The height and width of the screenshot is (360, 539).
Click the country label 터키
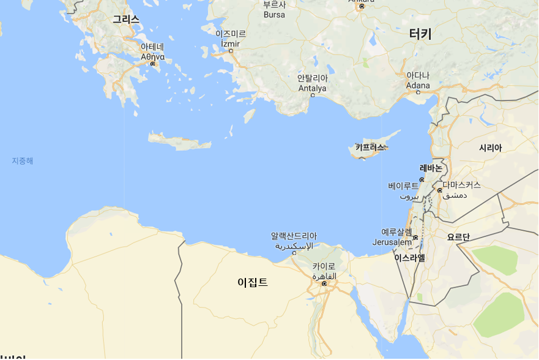420,34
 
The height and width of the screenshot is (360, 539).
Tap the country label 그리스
125,20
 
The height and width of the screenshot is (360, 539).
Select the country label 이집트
253,282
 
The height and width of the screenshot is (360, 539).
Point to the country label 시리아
490,148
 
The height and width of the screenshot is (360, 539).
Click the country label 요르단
458,237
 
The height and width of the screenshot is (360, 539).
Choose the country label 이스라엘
409,258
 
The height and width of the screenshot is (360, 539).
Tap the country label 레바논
431,168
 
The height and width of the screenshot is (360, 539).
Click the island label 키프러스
370,147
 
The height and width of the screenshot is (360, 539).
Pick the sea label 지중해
23,161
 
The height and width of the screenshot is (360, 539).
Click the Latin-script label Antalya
312,88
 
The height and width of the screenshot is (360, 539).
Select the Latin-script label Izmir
230,43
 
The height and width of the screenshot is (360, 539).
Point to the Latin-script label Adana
418,85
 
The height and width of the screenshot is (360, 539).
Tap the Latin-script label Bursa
274,14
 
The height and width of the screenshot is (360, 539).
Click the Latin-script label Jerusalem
392,242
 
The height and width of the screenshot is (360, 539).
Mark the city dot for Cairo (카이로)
324,283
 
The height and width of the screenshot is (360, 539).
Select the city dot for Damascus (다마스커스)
439,190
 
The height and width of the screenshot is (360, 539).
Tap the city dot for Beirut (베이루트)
422,180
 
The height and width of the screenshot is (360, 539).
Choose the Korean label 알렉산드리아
294,236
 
